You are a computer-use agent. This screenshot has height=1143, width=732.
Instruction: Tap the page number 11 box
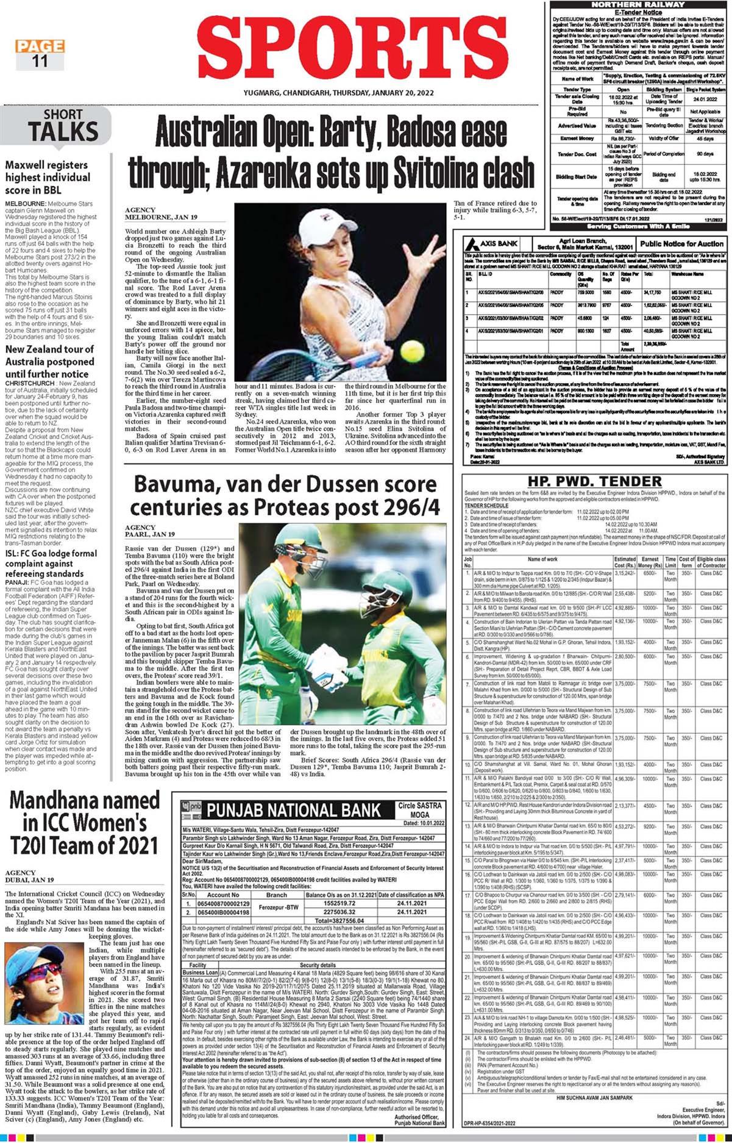point(40,60)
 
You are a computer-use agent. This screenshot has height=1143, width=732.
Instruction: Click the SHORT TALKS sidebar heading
point(62,126)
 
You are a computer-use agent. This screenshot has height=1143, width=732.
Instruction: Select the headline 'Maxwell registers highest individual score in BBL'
point(48,177)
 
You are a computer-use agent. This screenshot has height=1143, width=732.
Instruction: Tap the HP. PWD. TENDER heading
point(588,481)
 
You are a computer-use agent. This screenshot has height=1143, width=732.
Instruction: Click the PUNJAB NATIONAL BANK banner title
point(294,810)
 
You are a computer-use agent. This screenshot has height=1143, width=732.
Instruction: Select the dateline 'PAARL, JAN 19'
point(149,534)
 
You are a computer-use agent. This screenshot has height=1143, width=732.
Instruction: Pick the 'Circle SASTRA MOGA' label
point(419,810)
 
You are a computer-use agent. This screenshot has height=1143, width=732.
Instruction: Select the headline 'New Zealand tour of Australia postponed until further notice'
point(49,361)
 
